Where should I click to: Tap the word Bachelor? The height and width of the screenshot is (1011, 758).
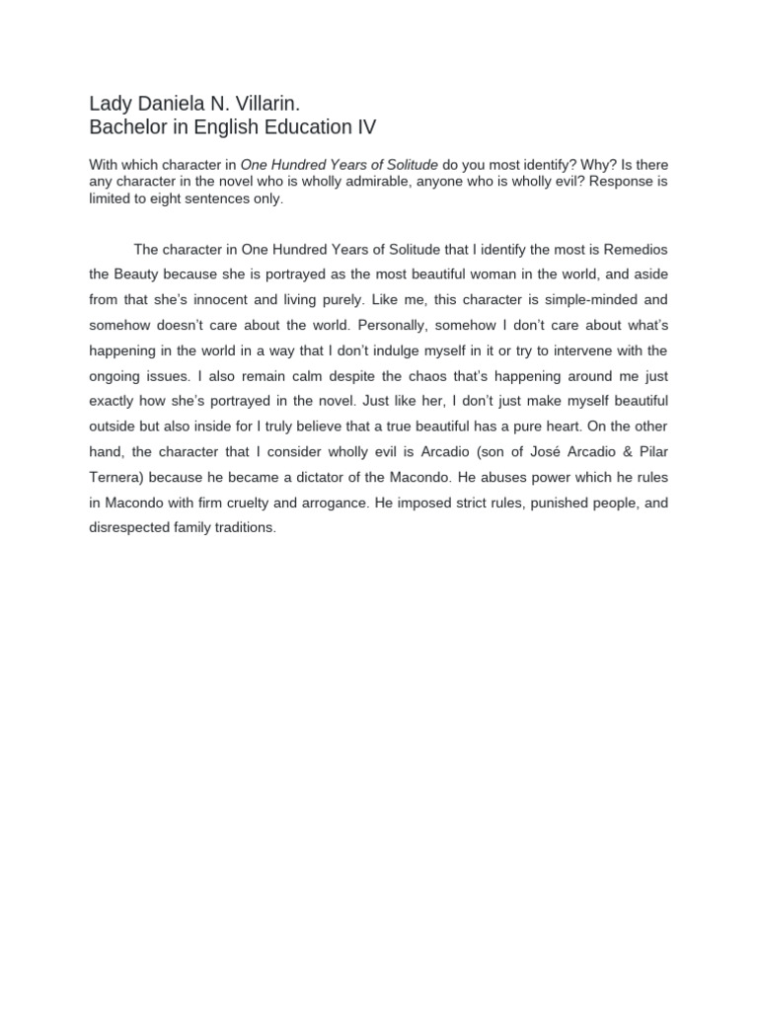[x=128, y=127]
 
